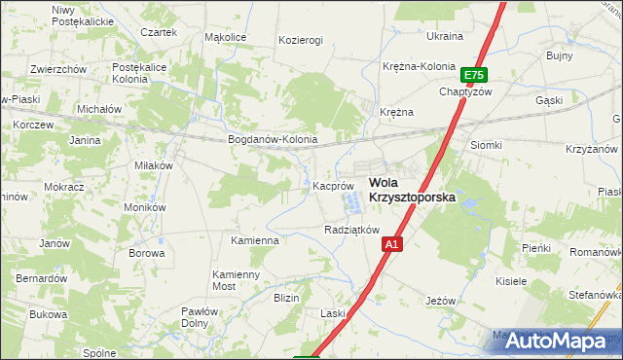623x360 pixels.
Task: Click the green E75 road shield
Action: (473, 75)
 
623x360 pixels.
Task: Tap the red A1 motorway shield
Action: (389, 246)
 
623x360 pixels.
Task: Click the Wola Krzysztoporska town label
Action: (412, 189)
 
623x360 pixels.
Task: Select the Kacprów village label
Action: (332, 185)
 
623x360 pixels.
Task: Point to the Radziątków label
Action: (350, 230)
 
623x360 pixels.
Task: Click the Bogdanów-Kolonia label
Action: (273, 139)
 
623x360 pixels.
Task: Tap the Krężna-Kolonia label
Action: (420, 66)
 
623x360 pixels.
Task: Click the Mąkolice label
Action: (225, 38)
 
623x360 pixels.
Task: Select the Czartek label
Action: (159, 32)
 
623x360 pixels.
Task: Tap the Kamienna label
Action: (255, 239)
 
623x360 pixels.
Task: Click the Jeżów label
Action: (441, 301)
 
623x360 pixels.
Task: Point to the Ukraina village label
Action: (445, 36)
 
